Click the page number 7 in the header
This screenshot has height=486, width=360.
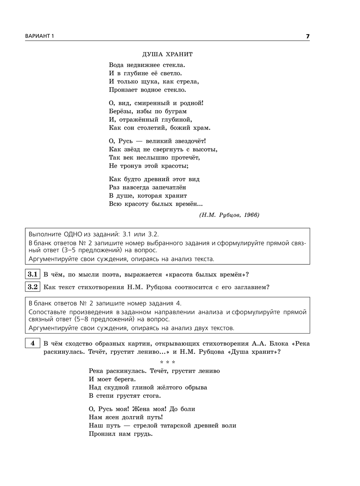click(x=307, y=36)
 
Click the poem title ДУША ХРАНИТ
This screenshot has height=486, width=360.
click(x=167, y=54)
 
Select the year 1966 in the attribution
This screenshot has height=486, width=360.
click(x=251, y=215)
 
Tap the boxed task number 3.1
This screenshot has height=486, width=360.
click(x=33, y=274)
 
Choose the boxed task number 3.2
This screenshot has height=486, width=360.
click(x=33, y=287)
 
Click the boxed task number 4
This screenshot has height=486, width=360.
click(x=33, y=343)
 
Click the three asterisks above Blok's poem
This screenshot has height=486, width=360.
click(x=167, y=362)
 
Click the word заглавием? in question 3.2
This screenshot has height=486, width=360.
click(x=250, y=287)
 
